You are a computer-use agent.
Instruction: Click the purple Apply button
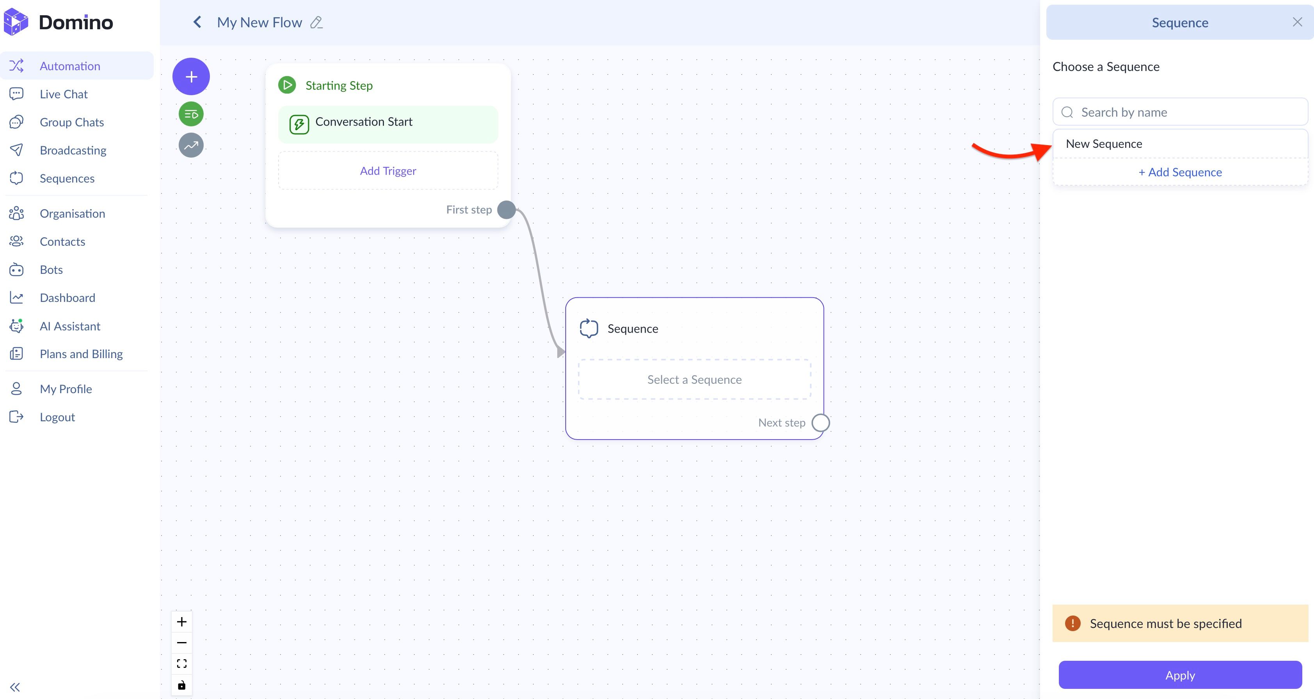pyautogui.click(x=1180, y=675)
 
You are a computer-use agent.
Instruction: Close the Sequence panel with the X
pyautogui.click(x=1297, y=22)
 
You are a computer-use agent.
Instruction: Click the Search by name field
pyautogui.click(x=1180, y=112)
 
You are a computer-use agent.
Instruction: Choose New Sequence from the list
pyautogui.click(x=1104, y=144)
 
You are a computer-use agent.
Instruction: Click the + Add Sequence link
pyautogui.click(x=1180, y=172)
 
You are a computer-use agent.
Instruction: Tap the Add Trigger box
pyautogui.click(x=388, y=171)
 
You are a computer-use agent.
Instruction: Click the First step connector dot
pyautogui.click(x=506, y=209)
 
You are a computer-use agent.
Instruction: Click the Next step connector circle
pyautogui.click(x=820, y=423)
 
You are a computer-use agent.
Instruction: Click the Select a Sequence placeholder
pyautogui.click(x=694, y=379)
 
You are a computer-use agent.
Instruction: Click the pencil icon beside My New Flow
pyautogui.click(x=316, y=23)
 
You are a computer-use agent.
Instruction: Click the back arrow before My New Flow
pyautogui.click(x=197, y=22)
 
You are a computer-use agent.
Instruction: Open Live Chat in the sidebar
pyautogui.click(x=64, y=94)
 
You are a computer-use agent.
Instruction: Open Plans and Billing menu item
pyautogui.click(x=81, y=354)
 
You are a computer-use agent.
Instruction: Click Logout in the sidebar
pyautogui.click(x=57, y=417)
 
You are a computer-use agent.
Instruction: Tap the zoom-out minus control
pyautogui.click(x=181, y=642)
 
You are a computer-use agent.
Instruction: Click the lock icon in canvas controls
pyautogui.click(x=181, y=685)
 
